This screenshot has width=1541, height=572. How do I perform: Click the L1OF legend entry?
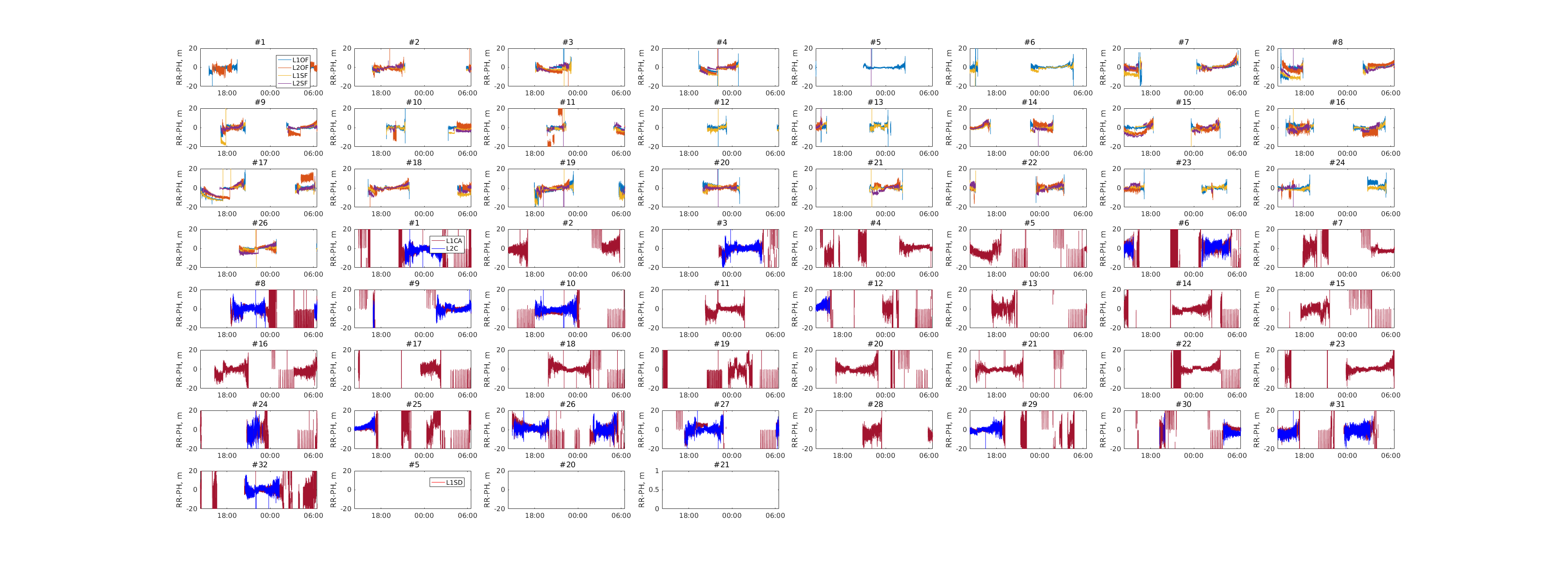[300, 60]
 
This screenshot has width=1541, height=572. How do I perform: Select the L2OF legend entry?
[300, 68]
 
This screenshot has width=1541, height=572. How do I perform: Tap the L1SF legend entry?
[300, 75]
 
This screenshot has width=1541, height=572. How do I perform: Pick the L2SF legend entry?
[300, 83]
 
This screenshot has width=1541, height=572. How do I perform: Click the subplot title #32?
[260, 465]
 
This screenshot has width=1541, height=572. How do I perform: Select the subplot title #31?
[1337, 404]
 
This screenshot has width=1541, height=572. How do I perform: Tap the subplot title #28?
[875, 404]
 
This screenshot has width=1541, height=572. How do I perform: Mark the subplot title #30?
[1183, 404]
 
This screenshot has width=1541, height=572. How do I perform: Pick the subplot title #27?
[721, 404]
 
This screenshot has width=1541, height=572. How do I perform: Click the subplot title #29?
[1029, 404]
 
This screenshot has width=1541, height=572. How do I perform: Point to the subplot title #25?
[413, 404]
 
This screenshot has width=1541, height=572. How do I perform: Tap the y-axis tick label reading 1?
[657, 470]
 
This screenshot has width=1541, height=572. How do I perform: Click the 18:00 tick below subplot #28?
[842, 455]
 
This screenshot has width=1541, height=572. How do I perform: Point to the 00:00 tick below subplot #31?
[1347, 455]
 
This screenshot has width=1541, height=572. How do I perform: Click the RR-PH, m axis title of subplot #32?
[179, 490]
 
